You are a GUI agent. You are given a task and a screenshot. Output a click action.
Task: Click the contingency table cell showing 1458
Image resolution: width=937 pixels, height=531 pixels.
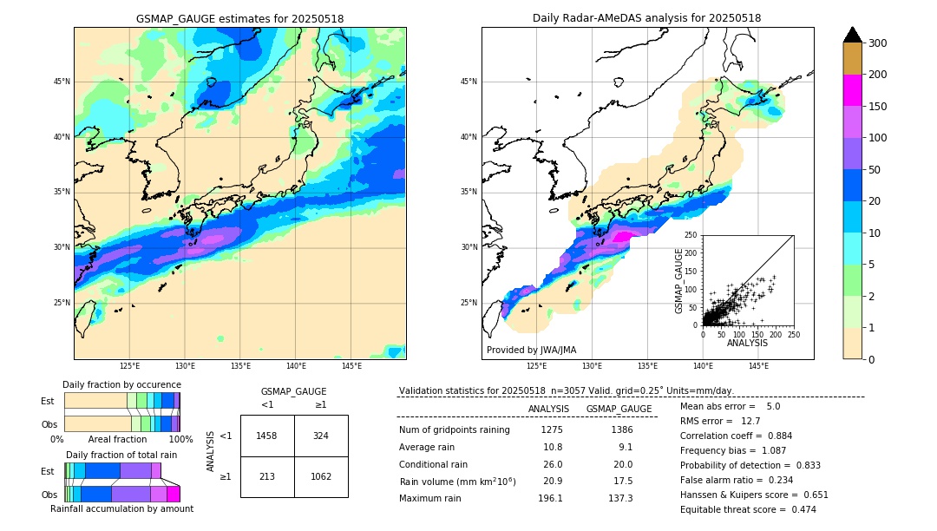tap(267, 436)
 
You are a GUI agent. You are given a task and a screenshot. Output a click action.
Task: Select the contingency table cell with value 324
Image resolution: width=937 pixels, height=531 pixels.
tap(321, 436)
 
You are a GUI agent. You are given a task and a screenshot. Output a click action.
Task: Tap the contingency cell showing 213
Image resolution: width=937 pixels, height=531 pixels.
tap(267, 476)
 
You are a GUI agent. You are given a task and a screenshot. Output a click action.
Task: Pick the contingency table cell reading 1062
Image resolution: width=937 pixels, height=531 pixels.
tap(321, 476)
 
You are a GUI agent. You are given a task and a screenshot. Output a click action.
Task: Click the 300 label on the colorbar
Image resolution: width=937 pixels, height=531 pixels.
tap(879, 43)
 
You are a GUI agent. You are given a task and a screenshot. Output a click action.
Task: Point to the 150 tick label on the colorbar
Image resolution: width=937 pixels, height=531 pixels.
tap(879, 107)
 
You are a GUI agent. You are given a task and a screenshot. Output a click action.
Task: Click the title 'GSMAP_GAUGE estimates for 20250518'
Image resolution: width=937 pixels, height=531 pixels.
tap(239, 18)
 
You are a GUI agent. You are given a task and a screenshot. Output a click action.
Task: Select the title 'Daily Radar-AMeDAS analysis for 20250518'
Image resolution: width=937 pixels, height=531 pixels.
tap(647, 18)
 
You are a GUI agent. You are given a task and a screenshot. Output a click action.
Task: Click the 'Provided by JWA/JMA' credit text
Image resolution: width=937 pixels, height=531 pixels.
tap(531, 351)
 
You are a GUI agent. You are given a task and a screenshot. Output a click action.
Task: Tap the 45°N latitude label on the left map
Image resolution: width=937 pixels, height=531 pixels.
tap(62, 82)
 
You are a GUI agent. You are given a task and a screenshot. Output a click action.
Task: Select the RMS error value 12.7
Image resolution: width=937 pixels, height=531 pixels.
tap(750, 421)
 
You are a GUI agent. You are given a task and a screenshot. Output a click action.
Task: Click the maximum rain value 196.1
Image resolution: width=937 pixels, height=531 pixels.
tap(550, 498)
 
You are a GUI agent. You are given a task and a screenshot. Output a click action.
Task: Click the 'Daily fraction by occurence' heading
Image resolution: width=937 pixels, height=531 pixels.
tap(121, 384)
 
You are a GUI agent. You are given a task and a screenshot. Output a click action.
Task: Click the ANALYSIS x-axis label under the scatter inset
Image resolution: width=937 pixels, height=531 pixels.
tap(747, 343)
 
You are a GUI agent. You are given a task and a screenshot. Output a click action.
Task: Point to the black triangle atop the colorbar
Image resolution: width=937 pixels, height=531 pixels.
tap(853, 35)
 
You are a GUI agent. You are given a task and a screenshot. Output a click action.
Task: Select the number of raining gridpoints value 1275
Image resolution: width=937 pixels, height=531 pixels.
tap(552, 429)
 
